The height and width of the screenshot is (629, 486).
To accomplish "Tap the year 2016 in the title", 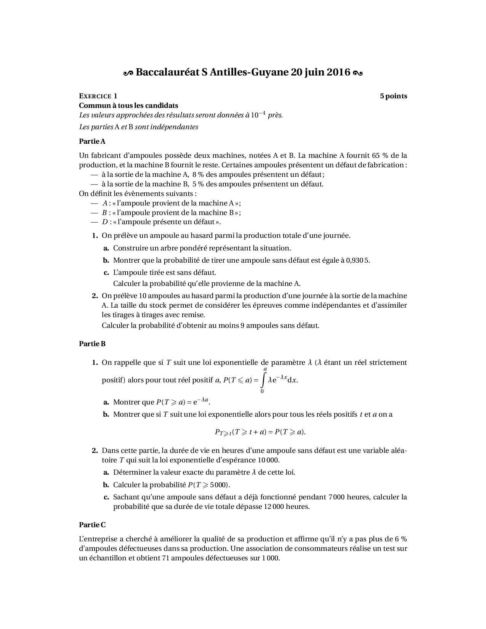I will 338,72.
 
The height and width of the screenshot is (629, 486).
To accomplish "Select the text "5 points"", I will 393,96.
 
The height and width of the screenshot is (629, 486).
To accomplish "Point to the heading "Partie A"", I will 92,141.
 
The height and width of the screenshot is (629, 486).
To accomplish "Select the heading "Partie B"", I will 92,344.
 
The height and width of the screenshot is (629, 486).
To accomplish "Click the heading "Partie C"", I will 92,525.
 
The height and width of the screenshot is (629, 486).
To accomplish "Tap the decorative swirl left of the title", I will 128,72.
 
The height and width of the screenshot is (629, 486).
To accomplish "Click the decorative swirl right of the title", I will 358,72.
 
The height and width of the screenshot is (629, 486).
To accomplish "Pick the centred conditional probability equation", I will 260,432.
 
